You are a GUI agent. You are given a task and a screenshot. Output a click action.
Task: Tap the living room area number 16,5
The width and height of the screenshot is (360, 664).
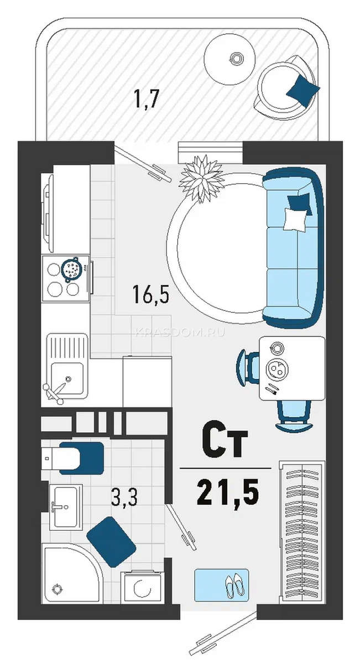click(x=151, y=293)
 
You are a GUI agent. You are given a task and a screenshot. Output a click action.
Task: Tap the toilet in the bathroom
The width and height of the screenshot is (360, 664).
click(x=72, y=458)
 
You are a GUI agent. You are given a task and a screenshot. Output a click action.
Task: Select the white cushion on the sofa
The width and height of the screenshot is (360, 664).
click(x=295, y=219)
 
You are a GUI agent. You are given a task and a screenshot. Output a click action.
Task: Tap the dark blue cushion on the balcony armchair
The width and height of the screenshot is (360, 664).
click(x=303, y=90)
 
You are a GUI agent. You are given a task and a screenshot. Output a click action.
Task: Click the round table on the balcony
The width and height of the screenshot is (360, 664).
click(x=229, y=60)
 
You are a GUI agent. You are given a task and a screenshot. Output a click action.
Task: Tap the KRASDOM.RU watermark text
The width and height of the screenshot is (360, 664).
click(x=180, y=333)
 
